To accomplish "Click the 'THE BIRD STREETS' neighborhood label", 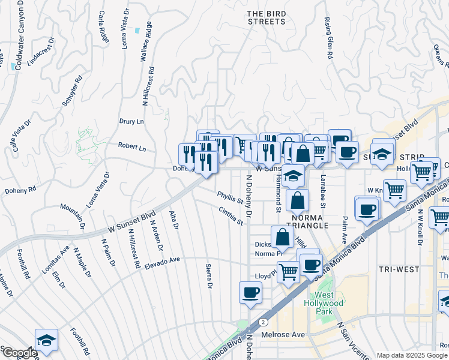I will [267, 17].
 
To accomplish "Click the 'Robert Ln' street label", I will [132, 146].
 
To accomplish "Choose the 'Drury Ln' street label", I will [132, 121].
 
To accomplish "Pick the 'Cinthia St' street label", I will [231, 217].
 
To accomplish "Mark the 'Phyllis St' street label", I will [231, 197].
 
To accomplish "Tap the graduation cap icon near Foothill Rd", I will [46, 340].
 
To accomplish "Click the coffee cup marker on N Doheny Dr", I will [250, 293].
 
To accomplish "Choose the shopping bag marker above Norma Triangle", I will [297, 200].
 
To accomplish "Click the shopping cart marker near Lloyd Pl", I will [288, 272].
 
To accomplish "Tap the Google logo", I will [20, 353].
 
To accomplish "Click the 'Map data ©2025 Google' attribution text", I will [412, 355].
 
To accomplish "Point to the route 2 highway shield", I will [264, 322].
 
